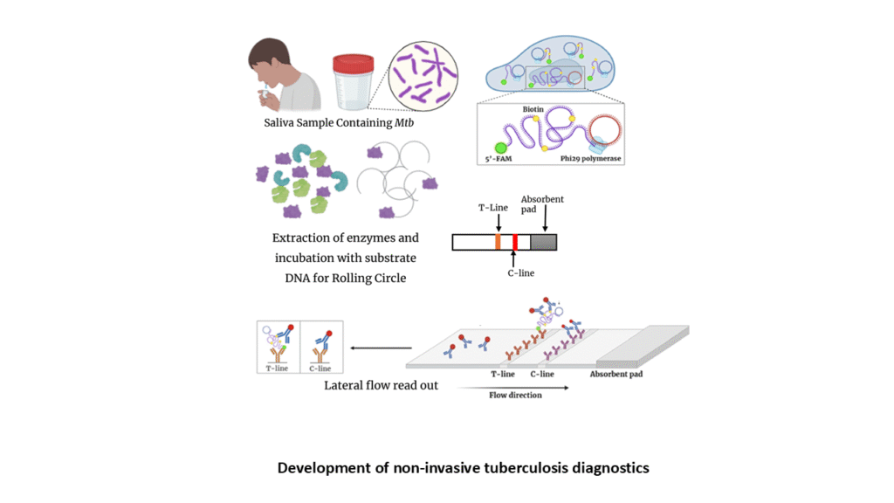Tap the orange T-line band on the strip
pyautogui.click(x=498, y=242)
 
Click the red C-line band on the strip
pyautogui.click(x=515, y=242)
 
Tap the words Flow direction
pyautogui.click(x=515, y=396)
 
